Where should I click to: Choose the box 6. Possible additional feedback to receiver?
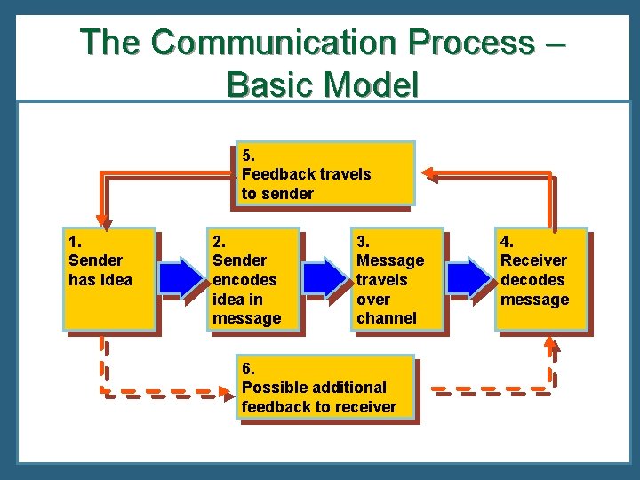(x=325, y=387)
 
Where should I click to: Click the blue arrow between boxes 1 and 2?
(x=182, y=278)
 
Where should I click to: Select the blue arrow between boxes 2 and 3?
(x=325, y=278)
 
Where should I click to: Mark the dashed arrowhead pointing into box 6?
(x=228, y=389)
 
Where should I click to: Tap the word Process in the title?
(x=469, y=42)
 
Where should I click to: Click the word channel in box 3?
(x=387, y=318)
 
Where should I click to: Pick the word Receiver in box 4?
(x=533, y=260)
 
